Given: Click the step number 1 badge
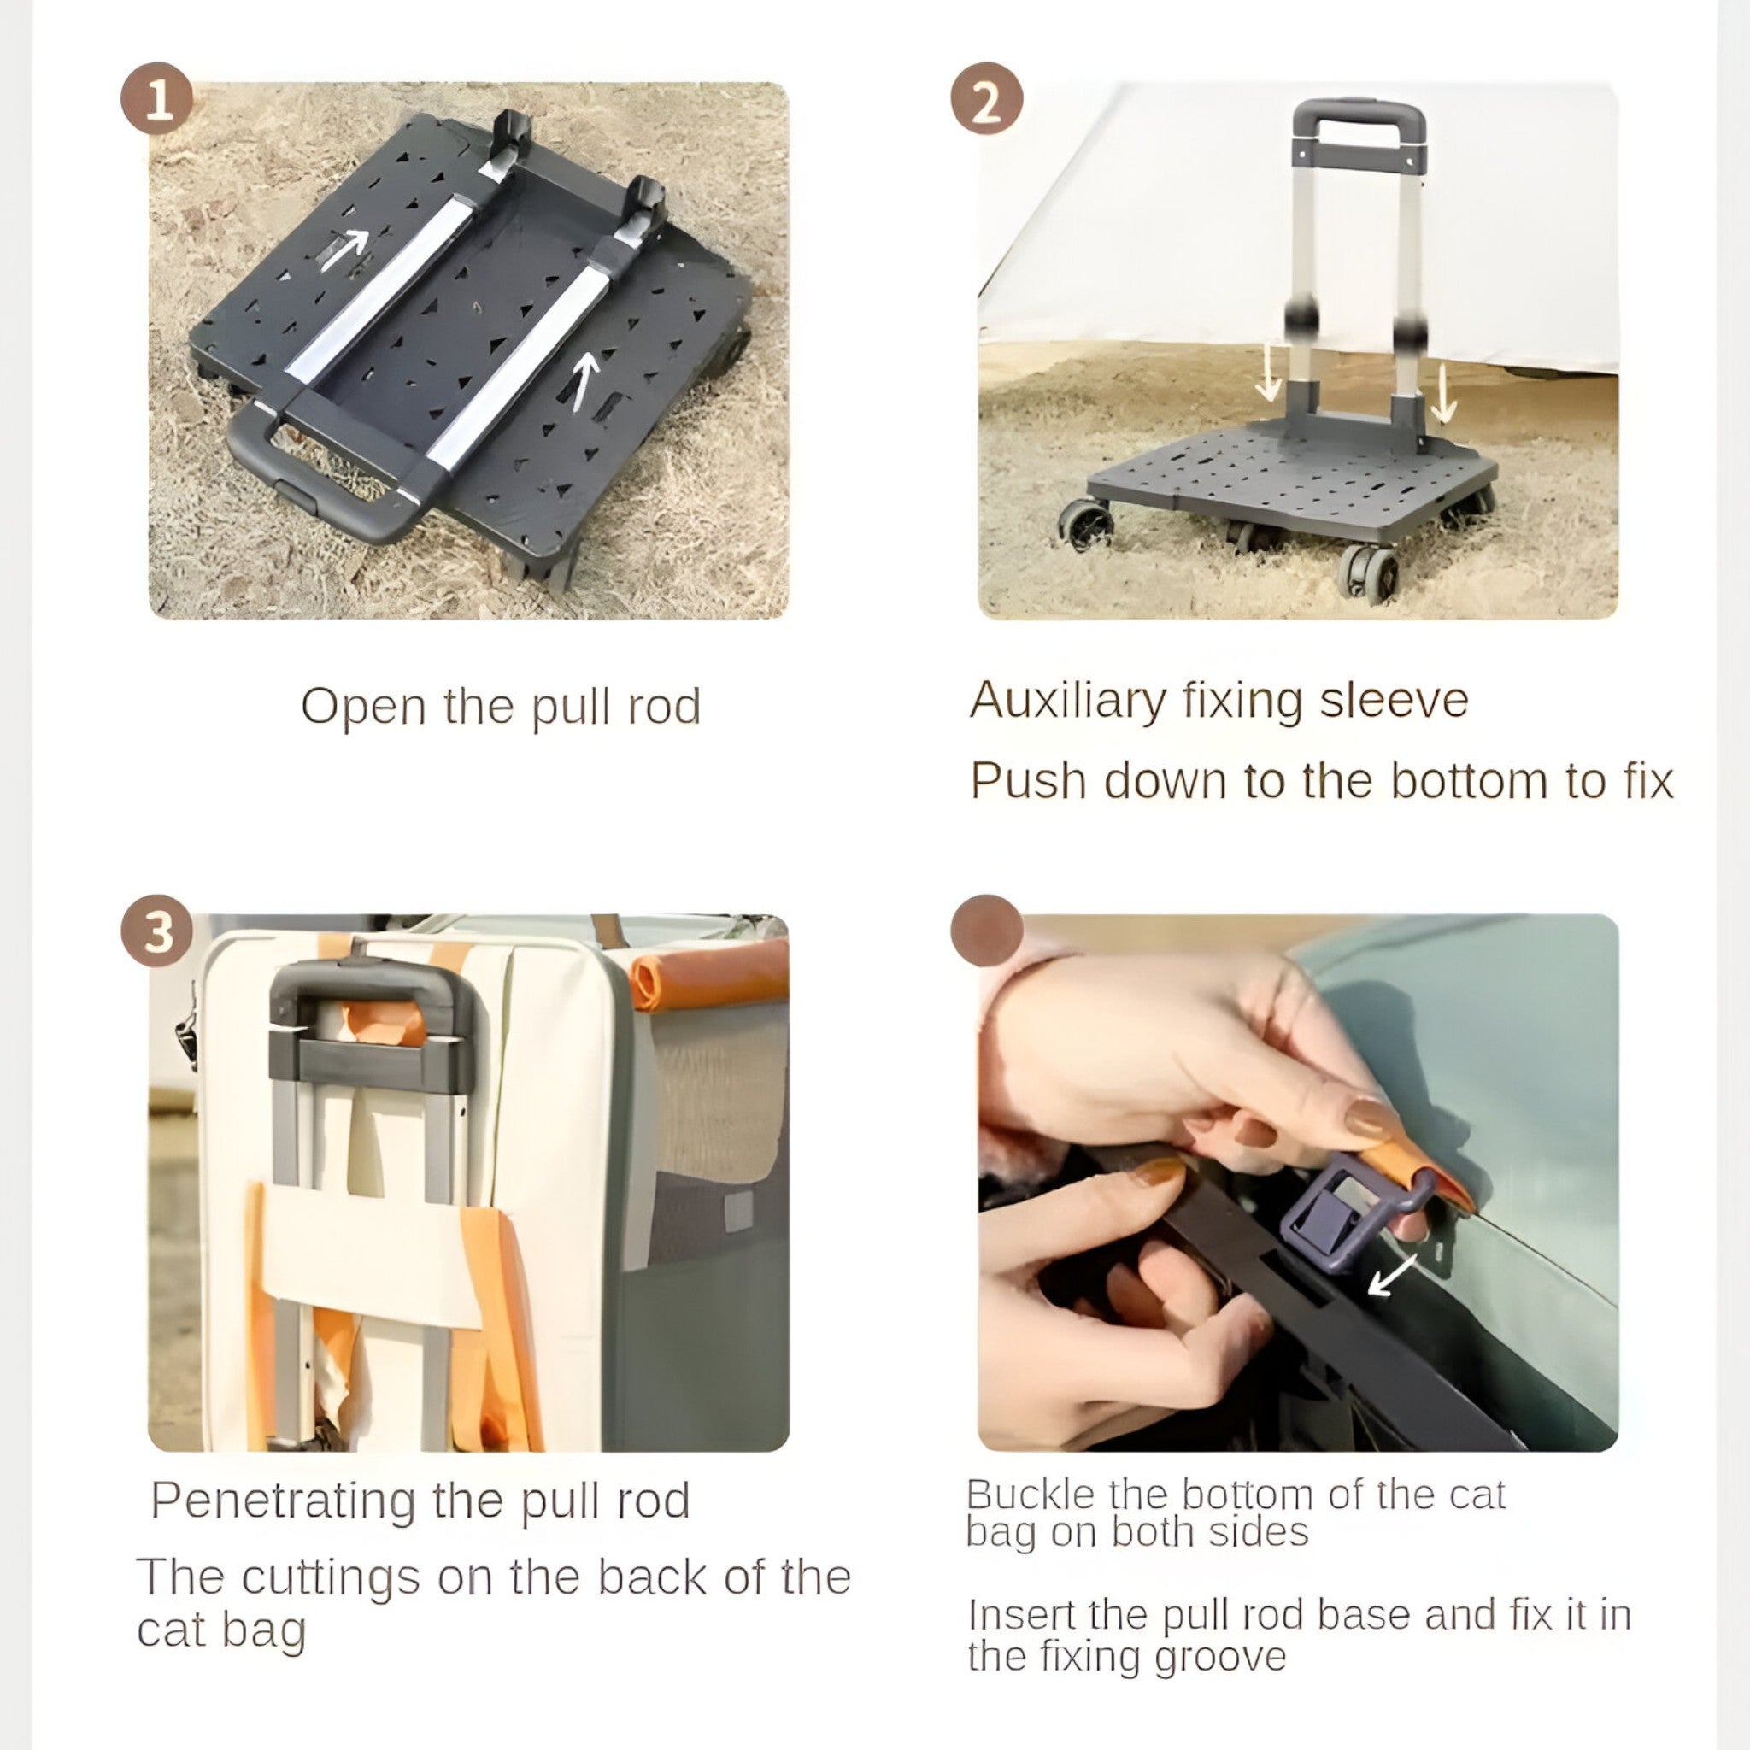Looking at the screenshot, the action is tap(157, 99).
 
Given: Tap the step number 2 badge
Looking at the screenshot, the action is tap(986, 99).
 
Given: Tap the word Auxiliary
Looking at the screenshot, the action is tap(1067, 701).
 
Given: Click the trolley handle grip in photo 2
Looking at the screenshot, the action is tap(1359, 117).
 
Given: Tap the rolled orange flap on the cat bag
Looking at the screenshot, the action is tap(709, 975).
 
